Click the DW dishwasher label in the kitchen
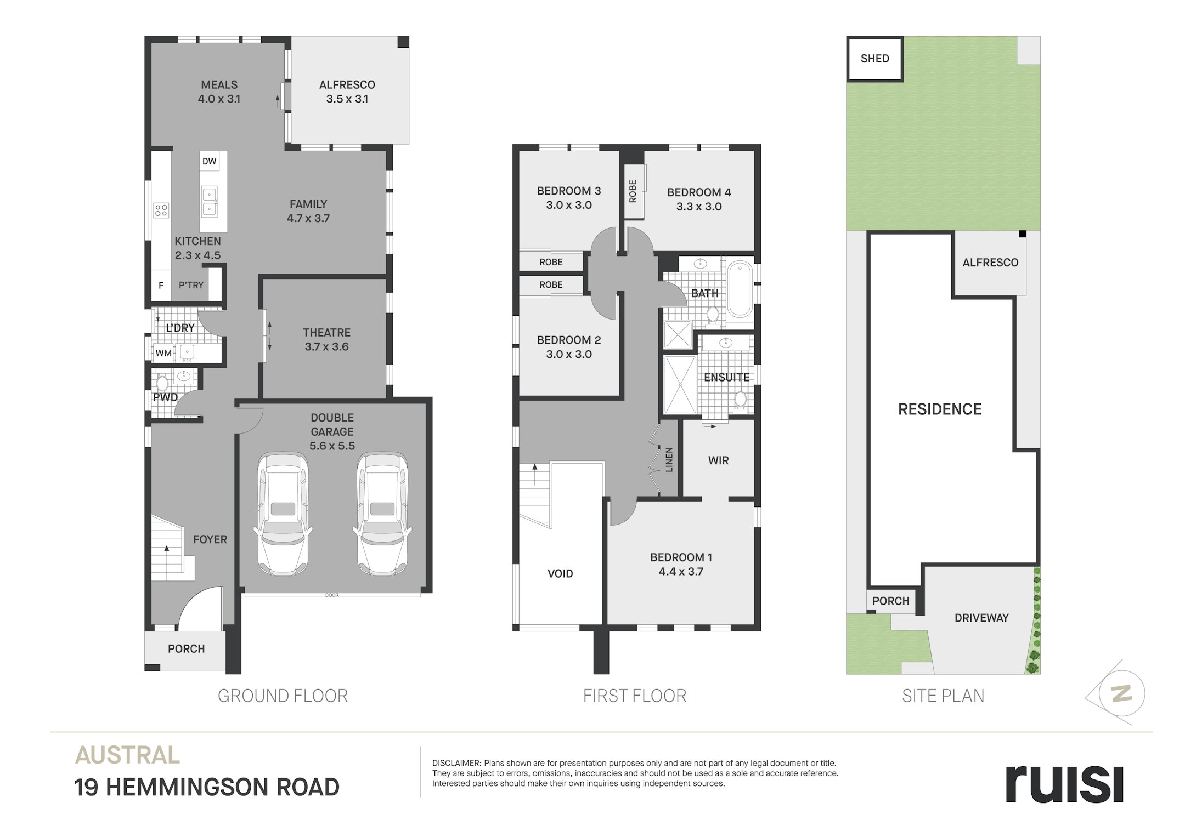pos(209,161)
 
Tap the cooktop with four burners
pos(161,210)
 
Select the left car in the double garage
pos(283,513)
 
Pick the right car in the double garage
pos(382,513)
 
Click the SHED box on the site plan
pos(874,59)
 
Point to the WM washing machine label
pos(163,353)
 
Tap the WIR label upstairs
pos(718,460)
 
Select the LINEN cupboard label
pos(669,459)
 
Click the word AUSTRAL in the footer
pos(127,755)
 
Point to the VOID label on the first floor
pos(560,573)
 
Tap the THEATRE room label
pos(326,332)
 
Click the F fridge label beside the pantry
pos(161,285)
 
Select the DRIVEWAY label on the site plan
pos(981,618)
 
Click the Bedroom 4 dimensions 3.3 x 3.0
pos(699,207)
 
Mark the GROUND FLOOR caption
pos(283,696)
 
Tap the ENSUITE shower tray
pos(680,384)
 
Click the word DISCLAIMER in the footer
pos(456,763)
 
